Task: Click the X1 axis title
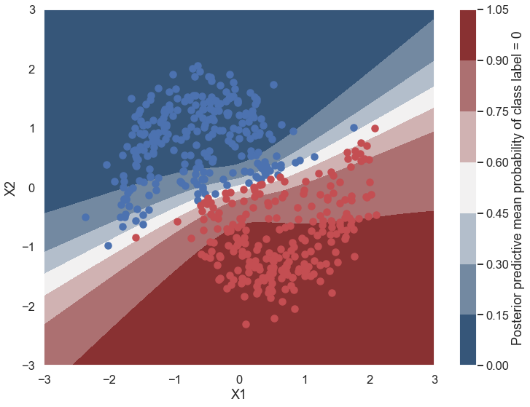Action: pyautogui.click(x=239, y=395)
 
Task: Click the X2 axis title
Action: pyautogui.click(x=10, y=187)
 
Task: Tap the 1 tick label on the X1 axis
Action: pyautogui.click(x=304, y=379)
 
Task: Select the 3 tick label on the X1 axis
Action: pyautogui.click(x=434, y=379)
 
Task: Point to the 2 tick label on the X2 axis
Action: pyautogui.click(x=32, y=69)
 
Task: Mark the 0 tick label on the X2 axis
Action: pyautogui.click(x=32, y=187)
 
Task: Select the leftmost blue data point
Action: pyautogui.click(x=85, y=217)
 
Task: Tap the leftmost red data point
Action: pyautogui.click(x=136, y=237)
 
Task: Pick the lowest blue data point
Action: pyautogui.click(x=108, y=245)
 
